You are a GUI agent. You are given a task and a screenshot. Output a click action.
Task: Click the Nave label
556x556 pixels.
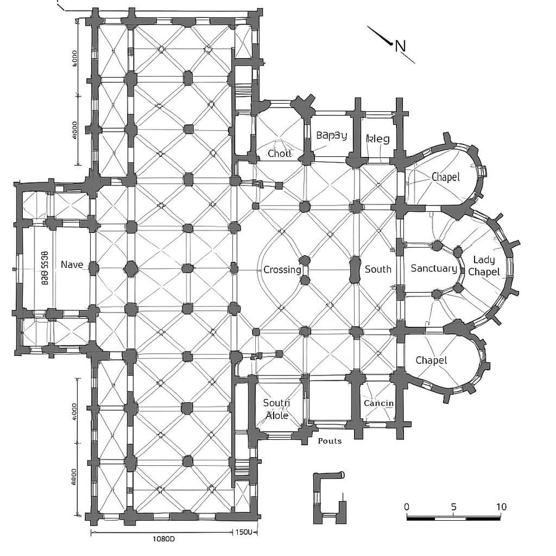coord(72,265)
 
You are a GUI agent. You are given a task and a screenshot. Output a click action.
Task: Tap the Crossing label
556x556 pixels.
coord(282,270)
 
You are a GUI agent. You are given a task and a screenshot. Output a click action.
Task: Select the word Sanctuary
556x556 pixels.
coord(434,269)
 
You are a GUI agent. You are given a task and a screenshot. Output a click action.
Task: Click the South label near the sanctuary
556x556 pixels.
coord(378,269)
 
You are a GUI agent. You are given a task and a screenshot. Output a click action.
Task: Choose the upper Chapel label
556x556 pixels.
coord(445,177)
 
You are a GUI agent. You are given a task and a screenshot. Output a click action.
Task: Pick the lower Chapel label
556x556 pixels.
coord(431,360)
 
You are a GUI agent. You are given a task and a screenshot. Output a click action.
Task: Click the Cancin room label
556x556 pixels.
coord(379,403)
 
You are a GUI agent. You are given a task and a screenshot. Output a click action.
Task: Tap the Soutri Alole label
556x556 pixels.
coord(276,409)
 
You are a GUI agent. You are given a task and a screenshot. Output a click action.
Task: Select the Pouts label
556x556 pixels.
coord(330,441)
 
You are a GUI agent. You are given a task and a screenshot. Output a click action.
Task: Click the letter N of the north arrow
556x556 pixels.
coord(401,45)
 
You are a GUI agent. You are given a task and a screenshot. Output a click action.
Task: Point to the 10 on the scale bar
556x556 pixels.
coord(501,507)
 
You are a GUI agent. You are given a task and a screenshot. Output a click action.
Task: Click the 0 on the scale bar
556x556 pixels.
coord(406,507)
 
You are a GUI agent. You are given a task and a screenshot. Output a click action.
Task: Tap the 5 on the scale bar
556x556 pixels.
coord(454,507)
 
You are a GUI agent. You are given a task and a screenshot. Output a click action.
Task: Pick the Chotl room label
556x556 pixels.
coord(279,153)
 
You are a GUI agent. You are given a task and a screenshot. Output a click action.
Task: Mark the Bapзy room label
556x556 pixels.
coord(332,135)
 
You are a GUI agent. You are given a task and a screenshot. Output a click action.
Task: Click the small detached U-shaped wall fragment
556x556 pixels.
coord(327,497)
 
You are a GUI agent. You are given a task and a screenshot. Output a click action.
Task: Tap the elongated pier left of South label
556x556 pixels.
coord(354,270)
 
